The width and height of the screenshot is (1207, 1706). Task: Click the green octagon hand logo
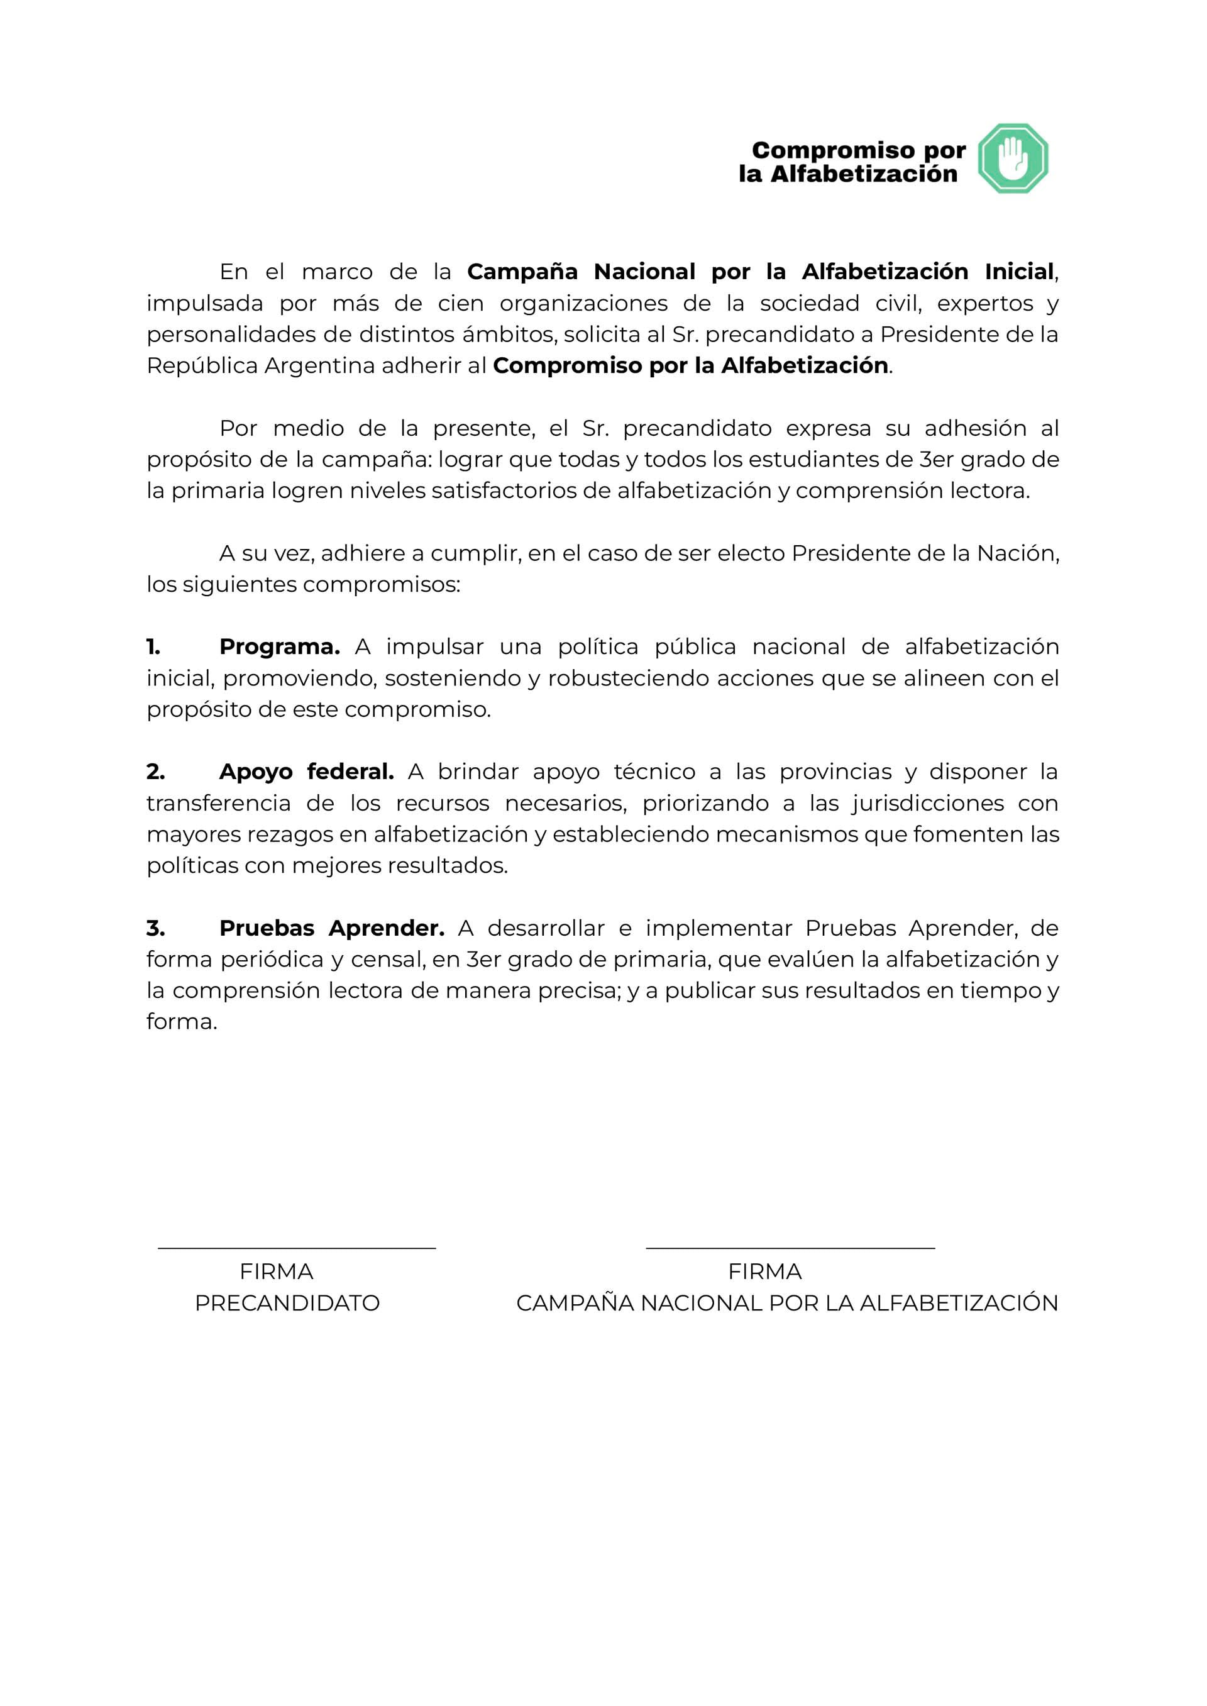point(1012,158)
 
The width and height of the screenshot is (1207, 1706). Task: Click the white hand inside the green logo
point(1012,158)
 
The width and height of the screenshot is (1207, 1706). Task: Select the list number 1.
point(153,646)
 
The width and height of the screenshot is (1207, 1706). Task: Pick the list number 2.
point(155,772)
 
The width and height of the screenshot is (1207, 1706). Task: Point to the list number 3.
point(155,928)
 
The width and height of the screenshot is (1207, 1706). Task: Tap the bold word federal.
point(350,772)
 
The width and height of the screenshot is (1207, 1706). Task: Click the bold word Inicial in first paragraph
point(1019,272)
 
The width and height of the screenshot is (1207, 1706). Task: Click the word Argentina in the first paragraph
point(319,366)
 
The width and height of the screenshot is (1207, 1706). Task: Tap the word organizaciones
point(583,303)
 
